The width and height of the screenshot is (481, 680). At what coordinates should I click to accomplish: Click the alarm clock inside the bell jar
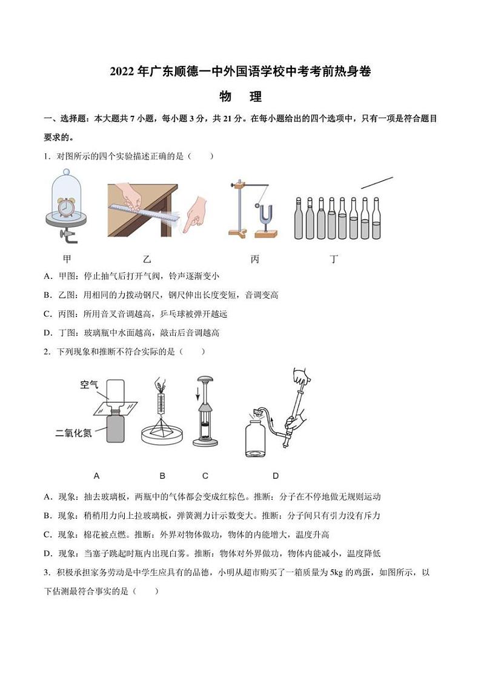67,208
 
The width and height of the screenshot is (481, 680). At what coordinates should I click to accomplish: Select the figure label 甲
67,259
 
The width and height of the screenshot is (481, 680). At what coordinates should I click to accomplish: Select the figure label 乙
147,259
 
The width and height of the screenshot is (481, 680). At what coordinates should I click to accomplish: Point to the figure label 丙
255,259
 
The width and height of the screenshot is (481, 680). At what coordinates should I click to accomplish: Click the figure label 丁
334,259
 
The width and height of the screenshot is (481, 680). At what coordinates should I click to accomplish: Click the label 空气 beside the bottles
89,384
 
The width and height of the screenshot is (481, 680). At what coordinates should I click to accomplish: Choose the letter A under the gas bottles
97,476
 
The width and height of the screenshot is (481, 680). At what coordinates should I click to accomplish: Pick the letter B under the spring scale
162,476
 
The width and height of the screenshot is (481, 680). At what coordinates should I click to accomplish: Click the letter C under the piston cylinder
205,476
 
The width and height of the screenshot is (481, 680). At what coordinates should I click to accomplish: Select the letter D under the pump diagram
276,476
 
